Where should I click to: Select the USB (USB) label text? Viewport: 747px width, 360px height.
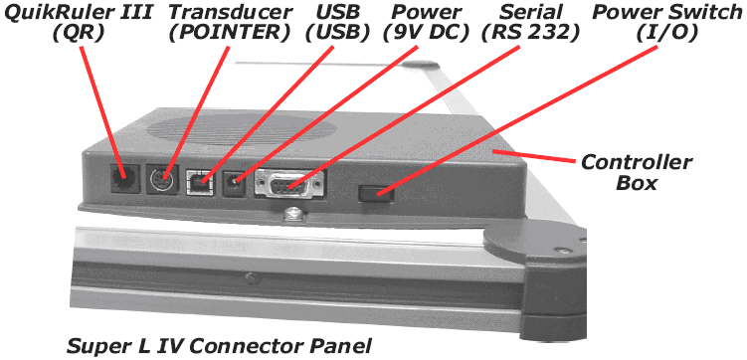[x=338, y=22]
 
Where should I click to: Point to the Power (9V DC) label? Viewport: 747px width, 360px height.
[x=426, y=22]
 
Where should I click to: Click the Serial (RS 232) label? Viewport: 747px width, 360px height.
[x=530, y=22]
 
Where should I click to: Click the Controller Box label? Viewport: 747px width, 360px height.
[x=636, y=172]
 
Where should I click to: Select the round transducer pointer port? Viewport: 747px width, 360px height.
[x=162, y=180]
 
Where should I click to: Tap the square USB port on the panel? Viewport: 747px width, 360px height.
[x=202, y=181]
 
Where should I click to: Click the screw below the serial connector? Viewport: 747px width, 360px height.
[x=291, y=214]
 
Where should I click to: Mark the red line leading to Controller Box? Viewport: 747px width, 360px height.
[x=533, y=156]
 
